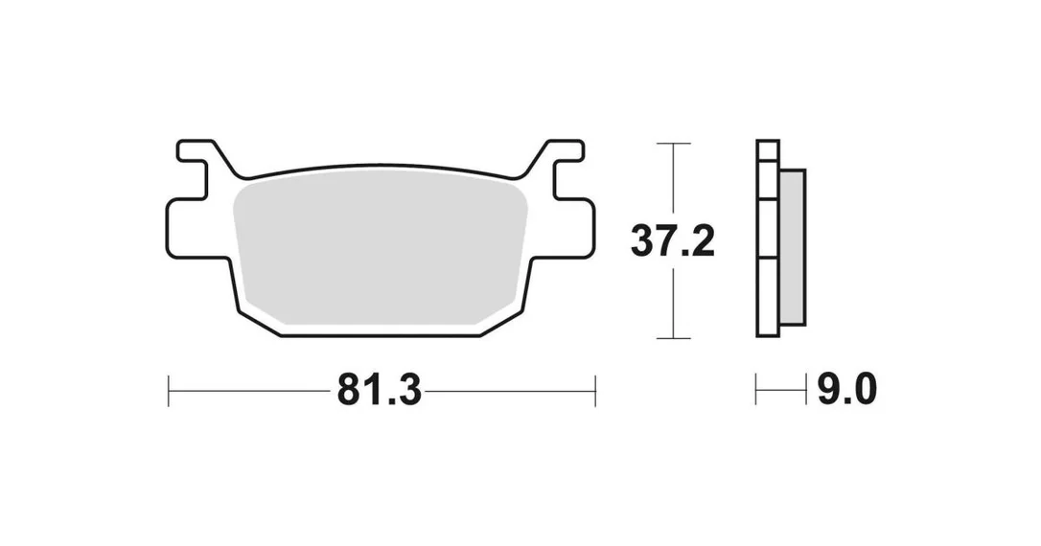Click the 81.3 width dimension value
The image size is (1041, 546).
[379, 390]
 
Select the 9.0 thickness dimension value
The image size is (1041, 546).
[846, 389]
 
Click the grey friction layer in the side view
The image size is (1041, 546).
[793, 247]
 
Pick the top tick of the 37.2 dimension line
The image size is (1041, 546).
[673, 144]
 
